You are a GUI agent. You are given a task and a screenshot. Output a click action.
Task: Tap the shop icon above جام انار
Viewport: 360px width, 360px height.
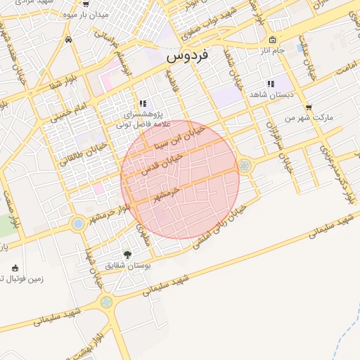[x=273, y=39]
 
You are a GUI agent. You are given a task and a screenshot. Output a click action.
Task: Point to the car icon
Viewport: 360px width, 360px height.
[x=67, y=40]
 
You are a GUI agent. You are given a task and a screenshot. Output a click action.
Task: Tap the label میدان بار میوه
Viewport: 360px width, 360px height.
[x=102, y=14]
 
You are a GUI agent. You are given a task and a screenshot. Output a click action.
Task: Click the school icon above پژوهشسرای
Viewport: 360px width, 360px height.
[x=143, y=103]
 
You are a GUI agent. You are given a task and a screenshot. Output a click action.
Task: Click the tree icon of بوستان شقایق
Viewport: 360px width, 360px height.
[x=127, y=255]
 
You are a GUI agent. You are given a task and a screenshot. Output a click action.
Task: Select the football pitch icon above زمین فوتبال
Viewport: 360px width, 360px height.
[x=15, y=267]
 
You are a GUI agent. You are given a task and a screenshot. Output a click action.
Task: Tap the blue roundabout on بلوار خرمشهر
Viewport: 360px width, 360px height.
[x=77, y=224]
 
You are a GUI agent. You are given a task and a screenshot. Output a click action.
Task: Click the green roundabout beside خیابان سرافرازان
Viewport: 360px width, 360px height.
[x=245, y=166]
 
